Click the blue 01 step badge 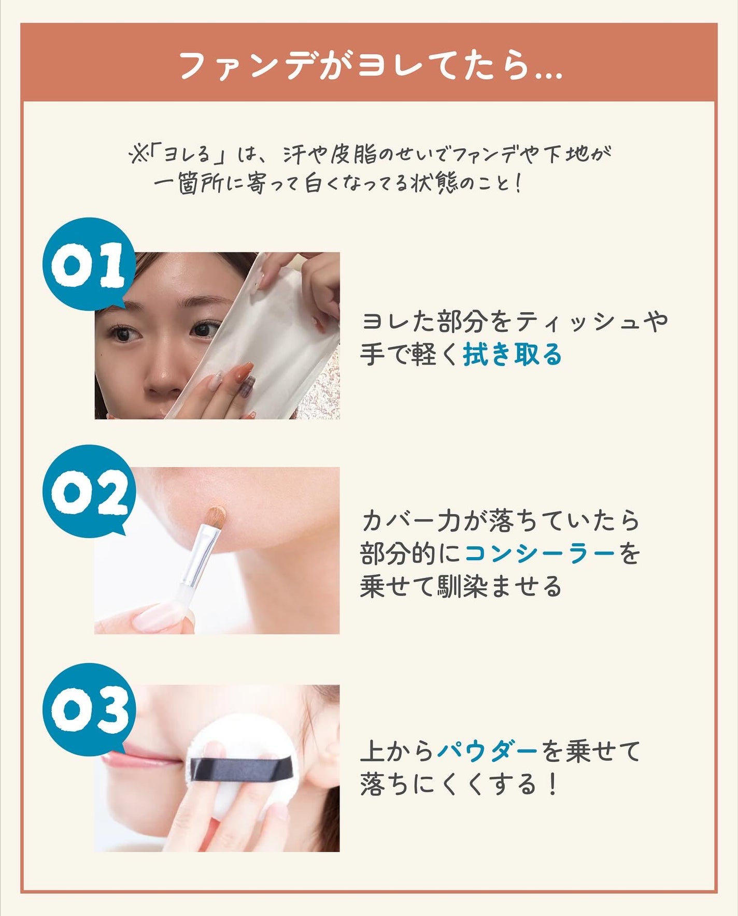[89, 265]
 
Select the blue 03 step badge [89, 710]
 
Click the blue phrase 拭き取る [512, 355]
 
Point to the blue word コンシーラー [540, 554]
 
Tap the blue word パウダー [488, 751]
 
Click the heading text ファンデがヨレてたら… [371, 66]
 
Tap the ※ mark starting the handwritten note [138, 155]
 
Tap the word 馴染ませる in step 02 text [499, 587]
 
